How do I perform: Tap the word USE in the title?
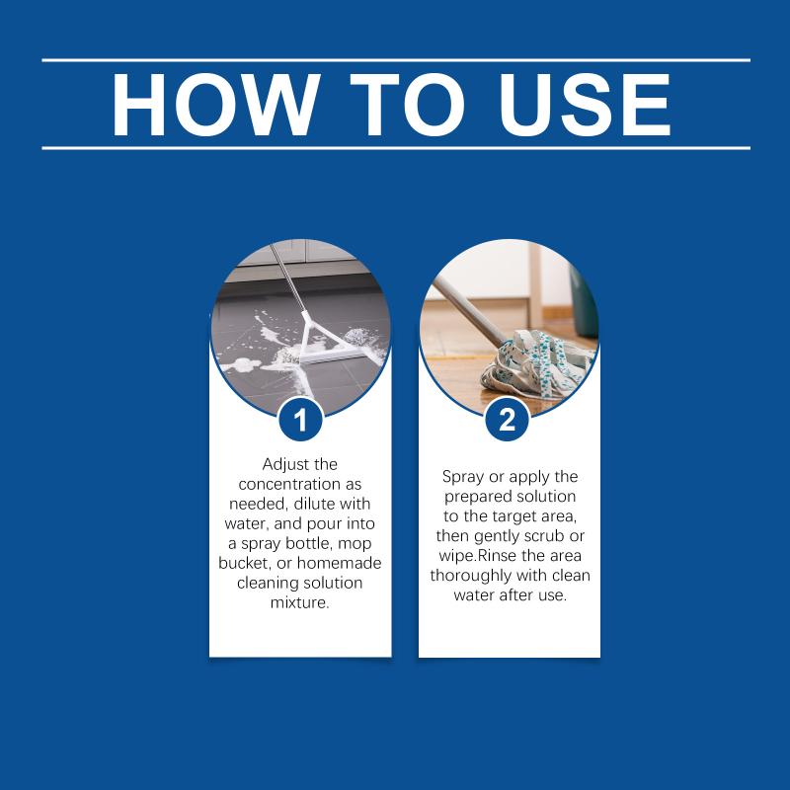tap(585, 105)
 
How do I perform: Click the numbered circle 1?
tap(300, 420)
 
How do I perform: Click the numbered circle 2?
tap(508, 420)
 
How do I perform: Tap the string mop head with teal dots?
tap(536, 362)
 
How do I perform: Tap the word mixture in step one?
tap(300, 602)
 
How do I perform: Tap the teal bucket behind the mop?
tap(584, 302)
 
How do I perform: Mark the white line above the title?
tap(396, 60)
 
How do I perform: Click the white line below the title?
tap(396, 148)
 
